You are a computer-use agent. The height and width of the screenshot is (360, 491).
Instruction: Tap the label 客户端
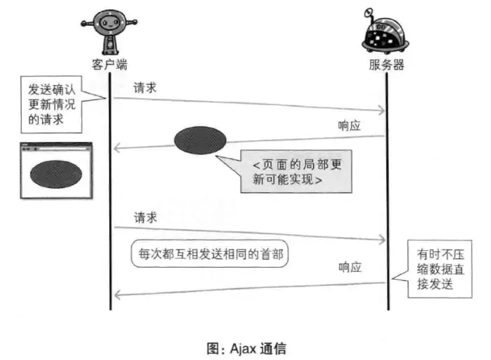click(110, 64)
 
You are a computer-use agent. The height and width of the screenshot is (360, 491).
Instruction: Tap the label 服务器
click(387, 64)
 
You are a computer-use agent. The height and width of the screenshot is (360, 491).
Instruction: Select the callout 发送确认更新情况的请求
click(54, 105)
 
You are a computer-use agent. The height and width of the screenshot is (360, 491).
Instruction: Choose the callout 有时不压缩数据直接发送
click(436, 268)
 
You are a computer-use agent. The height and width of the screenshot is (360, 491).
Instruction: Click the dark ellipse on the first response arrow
click(200, 139)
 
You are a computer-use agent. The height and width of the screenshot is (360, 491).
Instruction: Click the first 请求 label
click(145, 87)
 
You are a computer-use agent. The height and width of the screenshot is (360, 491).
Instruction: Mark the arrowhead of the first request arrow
click(382, 110)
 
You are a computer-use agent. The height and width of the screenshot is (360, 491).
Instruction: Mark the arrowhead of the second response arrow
click(118, 295)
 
